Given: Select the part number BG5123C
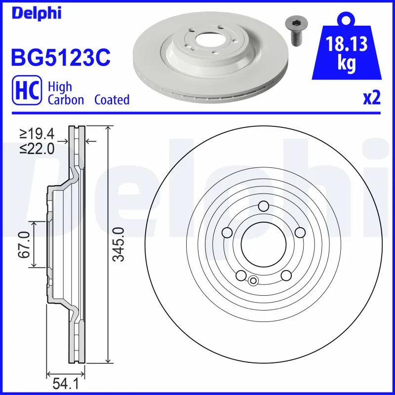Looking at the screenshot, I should (60, 57).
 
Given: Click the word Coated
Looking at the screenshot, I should (112, 100).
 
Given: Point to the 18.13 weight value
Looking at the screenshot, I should (346, 44).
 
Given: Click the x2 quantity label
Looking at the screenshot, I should (372, 98).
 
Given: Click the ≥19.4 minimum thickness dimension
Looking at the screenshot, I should (37, 133).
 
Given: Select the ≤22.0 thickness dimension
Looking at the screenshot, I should (37, 149).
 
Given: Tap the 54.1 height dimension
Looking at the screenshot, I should (63, 383).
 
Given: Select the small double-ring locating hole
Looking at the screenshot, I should (253, 281).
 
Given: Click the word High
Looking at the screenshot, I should (59, 87).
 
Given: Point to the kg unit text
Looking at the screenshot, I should (346, 65).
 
